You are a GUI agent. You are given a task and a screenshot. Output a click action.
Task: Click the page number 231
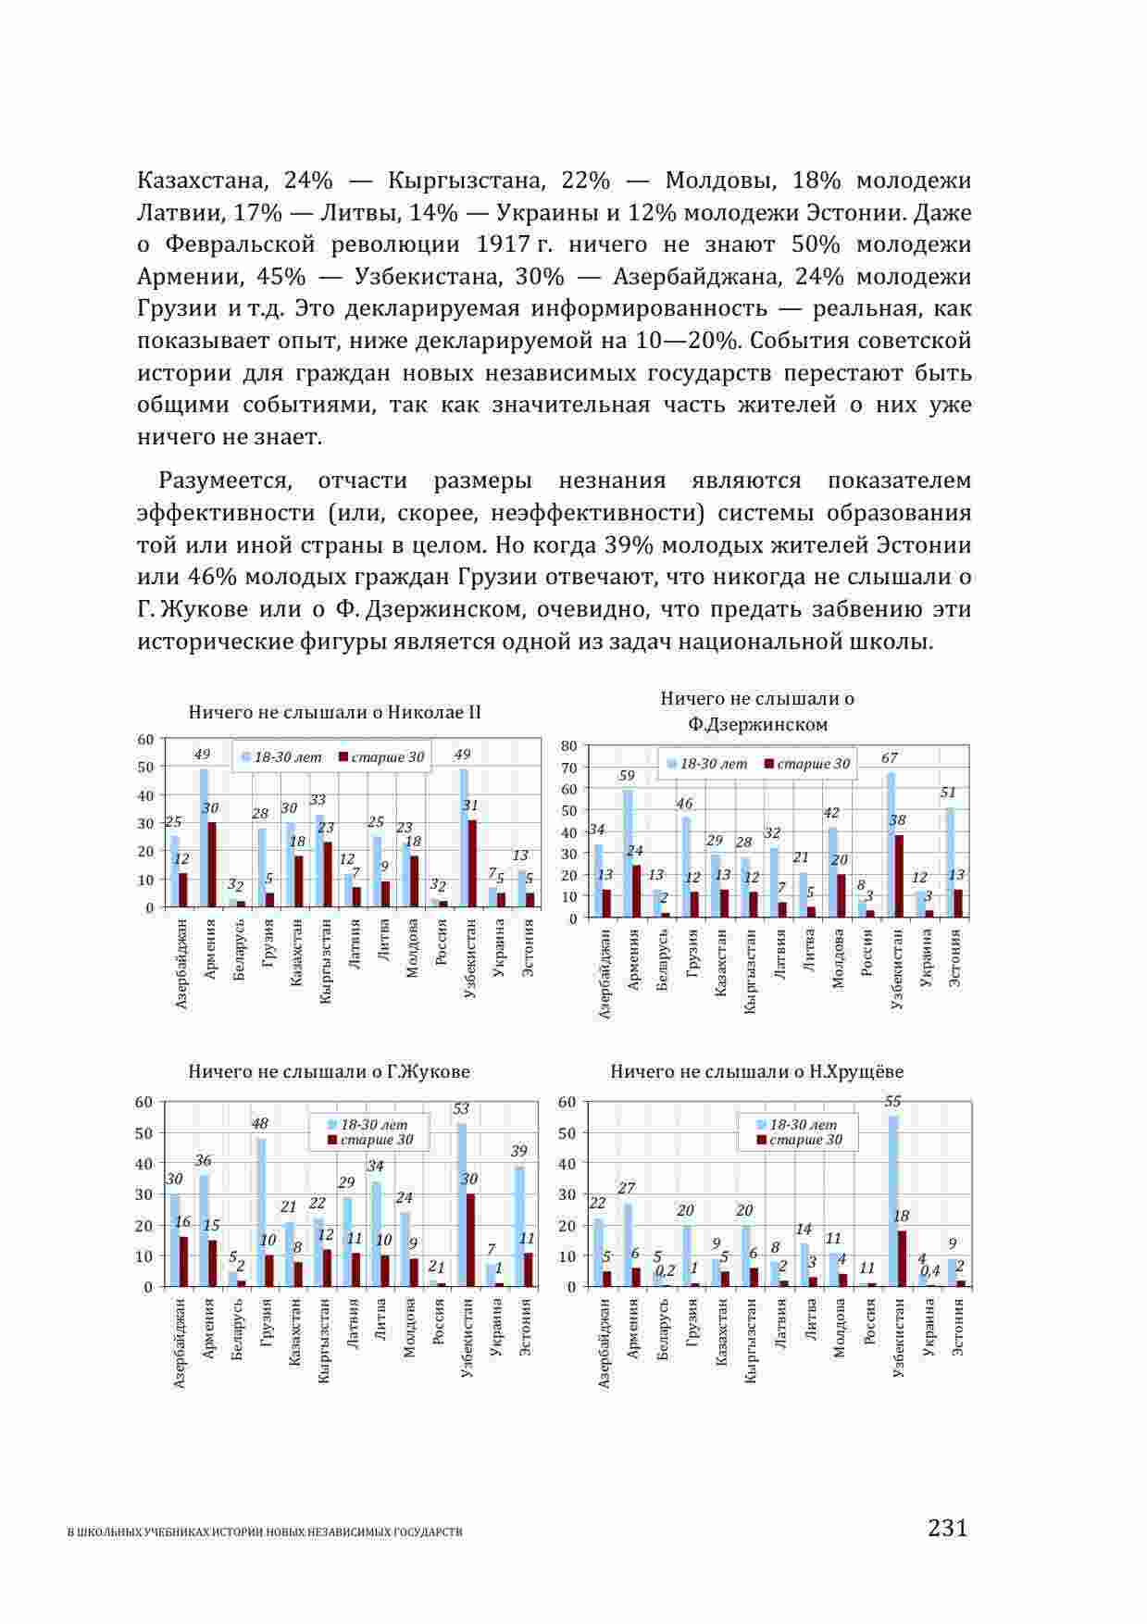(947, 1527)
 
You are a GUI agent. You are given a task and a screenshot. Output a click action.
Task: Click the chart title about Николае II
(334, 712)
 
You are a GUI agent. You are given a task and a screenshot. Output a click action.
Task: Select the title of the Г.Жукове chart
(329, 1071)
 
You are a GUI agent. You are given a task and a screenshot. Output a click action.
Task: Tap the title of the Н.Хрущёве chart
(756, 1071)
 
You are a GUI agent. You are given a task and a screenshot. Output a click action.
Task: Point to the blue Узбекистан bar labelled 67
(891, 844)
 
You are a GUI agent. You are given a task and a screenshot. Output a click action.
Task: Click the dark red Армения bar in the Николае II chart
(212, 865)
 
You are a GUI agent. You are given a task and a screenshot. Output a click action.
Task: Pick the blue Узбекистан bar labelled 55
(893, 1201)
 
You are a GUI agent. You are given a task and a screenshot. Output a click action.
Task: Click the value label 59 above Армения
(628, 776)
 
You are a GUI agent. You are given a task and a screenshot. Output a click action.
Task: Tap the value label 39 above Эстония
(518, 1151)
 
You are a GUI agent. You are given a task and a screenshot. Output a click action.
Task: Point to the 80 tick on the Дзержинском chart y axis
(568, 745)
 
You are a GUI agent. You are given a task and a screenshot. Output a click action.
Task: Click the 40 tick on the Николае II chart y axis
(146, 795)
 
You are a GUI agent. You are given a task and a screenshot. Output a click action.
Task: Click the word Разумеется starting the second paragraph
(225, 481)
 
